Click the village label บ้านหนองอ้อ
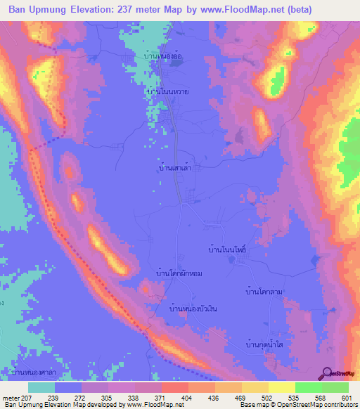pos(162,56)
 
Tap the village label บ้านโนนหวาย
pos(169,91)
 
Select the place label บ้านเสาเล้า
pos(176,169)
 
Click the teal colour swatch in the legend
pos(41,387)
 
